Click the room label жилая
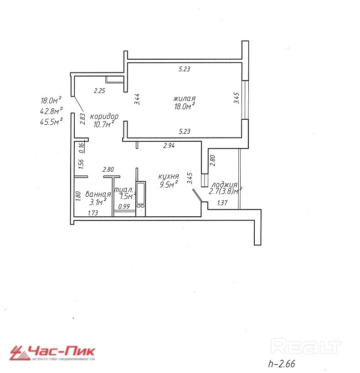point(184,99)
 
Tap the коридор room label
point(104,116)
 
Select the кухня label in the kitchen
point(168,177)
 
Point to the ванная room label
point(98,194)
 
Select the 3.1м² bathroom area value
point(98,201)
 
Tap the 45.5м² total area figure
point(51,121)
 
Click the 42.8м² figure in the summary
point(51,111)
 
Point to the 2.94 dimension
point(170,146)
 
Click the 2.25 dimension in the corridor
point(99,91)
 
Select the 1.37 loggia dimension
point(222,203)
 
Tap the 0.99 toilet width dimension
point(123,206)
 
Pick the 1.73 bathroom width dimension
point(94,213)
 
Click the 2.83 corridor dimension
point(82,118)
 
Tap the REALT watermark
point(306,347)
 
